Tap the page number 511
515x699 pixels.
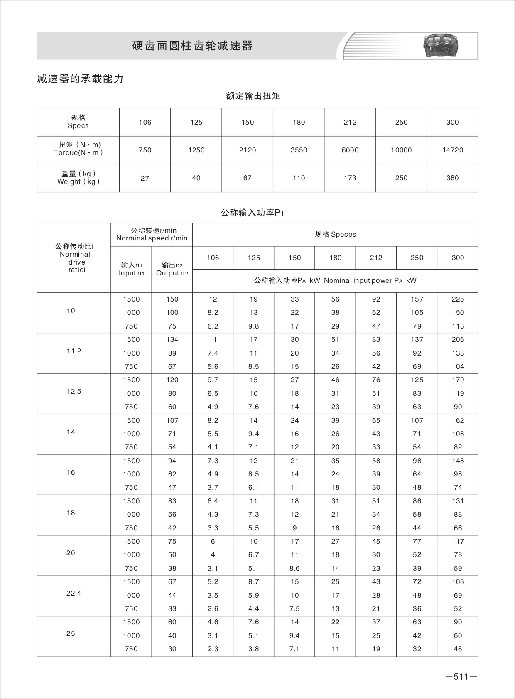pyautogui.click(x=461, y=677)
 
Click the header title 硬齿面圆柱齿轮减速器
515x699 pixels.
pyautogui.click(x=192, y=46)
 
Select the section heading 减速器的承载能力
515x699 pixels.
pyautogui.click(x=80, y=79)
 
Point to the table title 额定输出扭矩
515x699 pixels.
pyautogui.click(x=253, y=96)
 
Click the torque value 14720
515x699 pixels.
pyautogui.click(x=452, y=150)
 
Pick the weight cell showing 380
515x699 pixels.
pyautogui.click(x=452, y=178)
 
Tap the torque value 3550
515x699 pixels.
pyautogui.click(x=299, y=150)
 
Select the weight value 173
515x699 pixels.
pyautogui.click(x=350, y=178)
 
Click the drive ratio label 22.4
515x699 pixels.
pyautogui.click(x=74, y=593)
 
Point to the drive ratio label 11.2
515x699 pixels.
pyautogui.click(x=74, y=351)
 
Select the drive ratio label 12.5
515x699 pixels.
pyautogui.click(x=74, y=391)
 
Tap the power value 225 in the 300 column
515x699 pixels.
pyautogui.click(x=458, y=299)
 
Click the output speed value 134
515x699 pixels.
pyautogui.click(x=172, y=339)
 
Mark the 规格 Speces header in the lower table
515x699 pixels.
pyautogui.click(x=335, y=234)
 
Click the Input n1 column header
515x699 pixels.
pyautogui.click(x=131, y=269)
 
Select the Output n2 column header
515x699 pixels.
pyautogui.click(x=172, y=269)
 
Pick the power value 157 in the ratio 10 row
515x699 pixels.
pyautogui.click(x=417, y=299)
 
